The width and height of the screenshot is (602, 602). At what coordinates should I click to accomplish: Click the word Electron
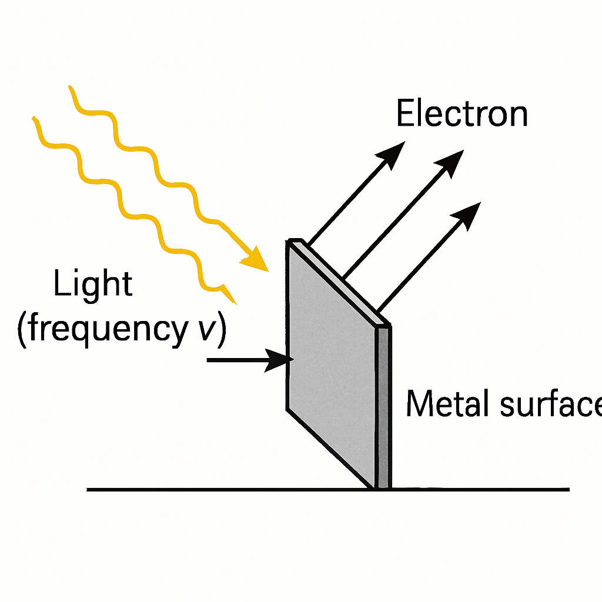462,113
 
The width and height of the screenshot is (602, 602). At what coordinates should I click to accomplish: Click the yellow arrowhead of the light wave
255,260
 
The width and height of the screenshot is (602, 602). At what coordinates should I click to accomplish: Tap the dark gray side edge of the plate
383,407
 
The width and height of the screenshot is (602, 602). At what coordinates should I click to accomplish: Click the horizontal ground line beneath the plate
328,490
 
